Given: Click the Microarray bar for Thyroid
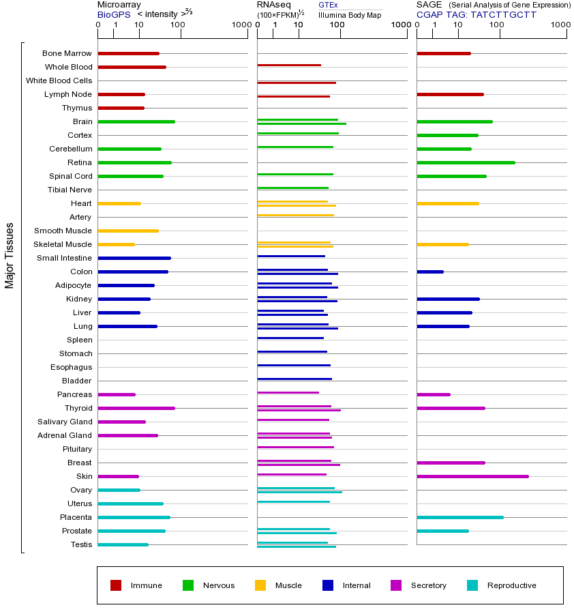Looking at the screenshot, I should point(136,408).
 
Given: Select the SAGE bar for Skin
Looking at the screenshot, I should point(472,476).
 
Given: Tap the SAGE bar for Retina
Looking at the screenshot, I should point(466,162).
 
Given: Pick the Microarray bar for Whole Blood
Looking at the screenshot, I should point(132,67).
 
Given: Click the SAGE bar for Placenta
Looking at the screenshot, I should point(460,517).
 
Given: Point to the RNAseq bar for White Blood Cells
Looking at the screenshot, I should point(297,83).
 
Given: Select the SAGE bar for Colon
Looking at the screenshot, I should point(430,272).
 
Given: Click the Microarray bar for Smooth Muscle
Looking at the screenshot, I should point(128,231).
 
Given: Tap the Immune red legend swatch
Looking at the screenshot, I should point(116,585).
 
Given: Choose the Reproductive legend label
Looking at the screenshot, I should point(511,585).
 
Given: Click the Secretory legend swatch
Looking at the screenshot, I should point(396,585).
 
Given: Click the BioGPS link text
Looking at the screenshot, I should point(114,14).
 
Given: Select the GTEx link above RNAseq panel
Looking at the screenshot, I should point(328,5).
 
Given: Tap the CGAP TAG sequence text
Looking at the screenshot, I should point(477,14).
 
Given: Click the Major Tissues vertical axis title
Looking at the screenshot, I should point(10,255).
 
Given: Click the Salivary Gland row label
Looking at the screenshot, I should point(65,422).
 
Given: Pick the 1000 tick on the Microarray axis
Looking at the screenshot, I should point(241,25).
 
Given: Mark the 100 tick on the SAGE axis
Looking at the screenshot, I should point(497,25).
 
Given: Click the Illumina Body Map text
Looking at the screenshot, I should point(350,14).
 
